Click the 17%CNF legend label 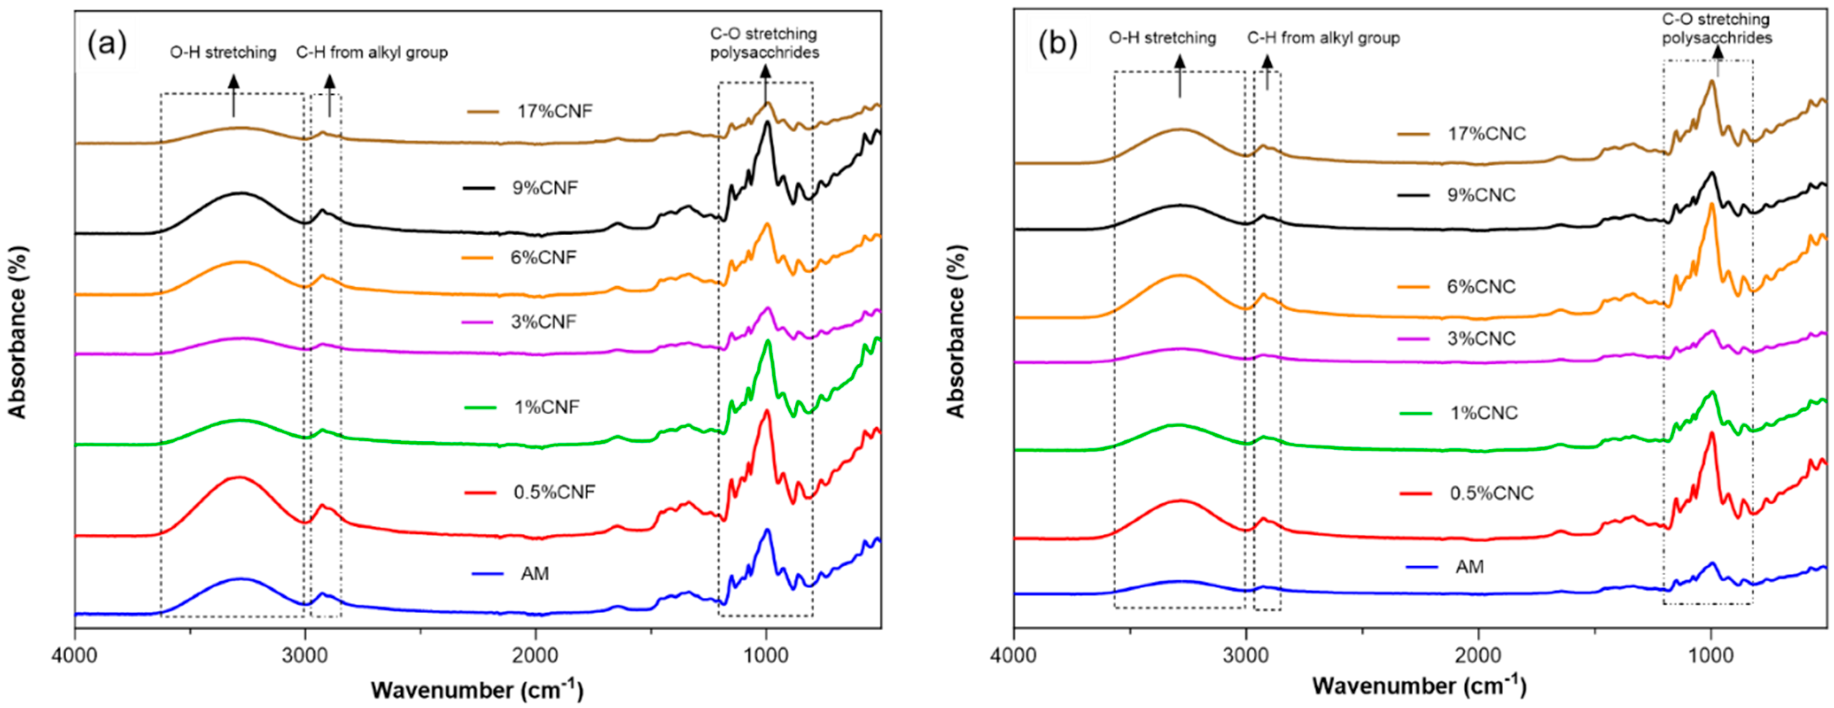click(x=554, y=111)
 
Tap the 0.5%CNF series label click(x=554, y=492)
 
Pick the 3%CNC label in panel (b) click(x=1480, y=339)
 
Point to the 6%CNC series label click(x=1481, y=287)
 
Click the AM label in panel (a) click(x=535, y=573)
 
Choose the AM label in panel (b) click(x=1470, y=567)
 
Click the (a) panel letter click(x=107, y=44)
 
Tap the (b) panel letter click(x=1057, y=44)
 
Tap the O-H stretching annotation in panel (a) click(x=223, y=53)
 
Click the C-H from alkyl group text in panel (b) click(x=1323, y=38)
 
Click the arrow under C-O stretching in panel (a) click(x=765, y=84)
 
